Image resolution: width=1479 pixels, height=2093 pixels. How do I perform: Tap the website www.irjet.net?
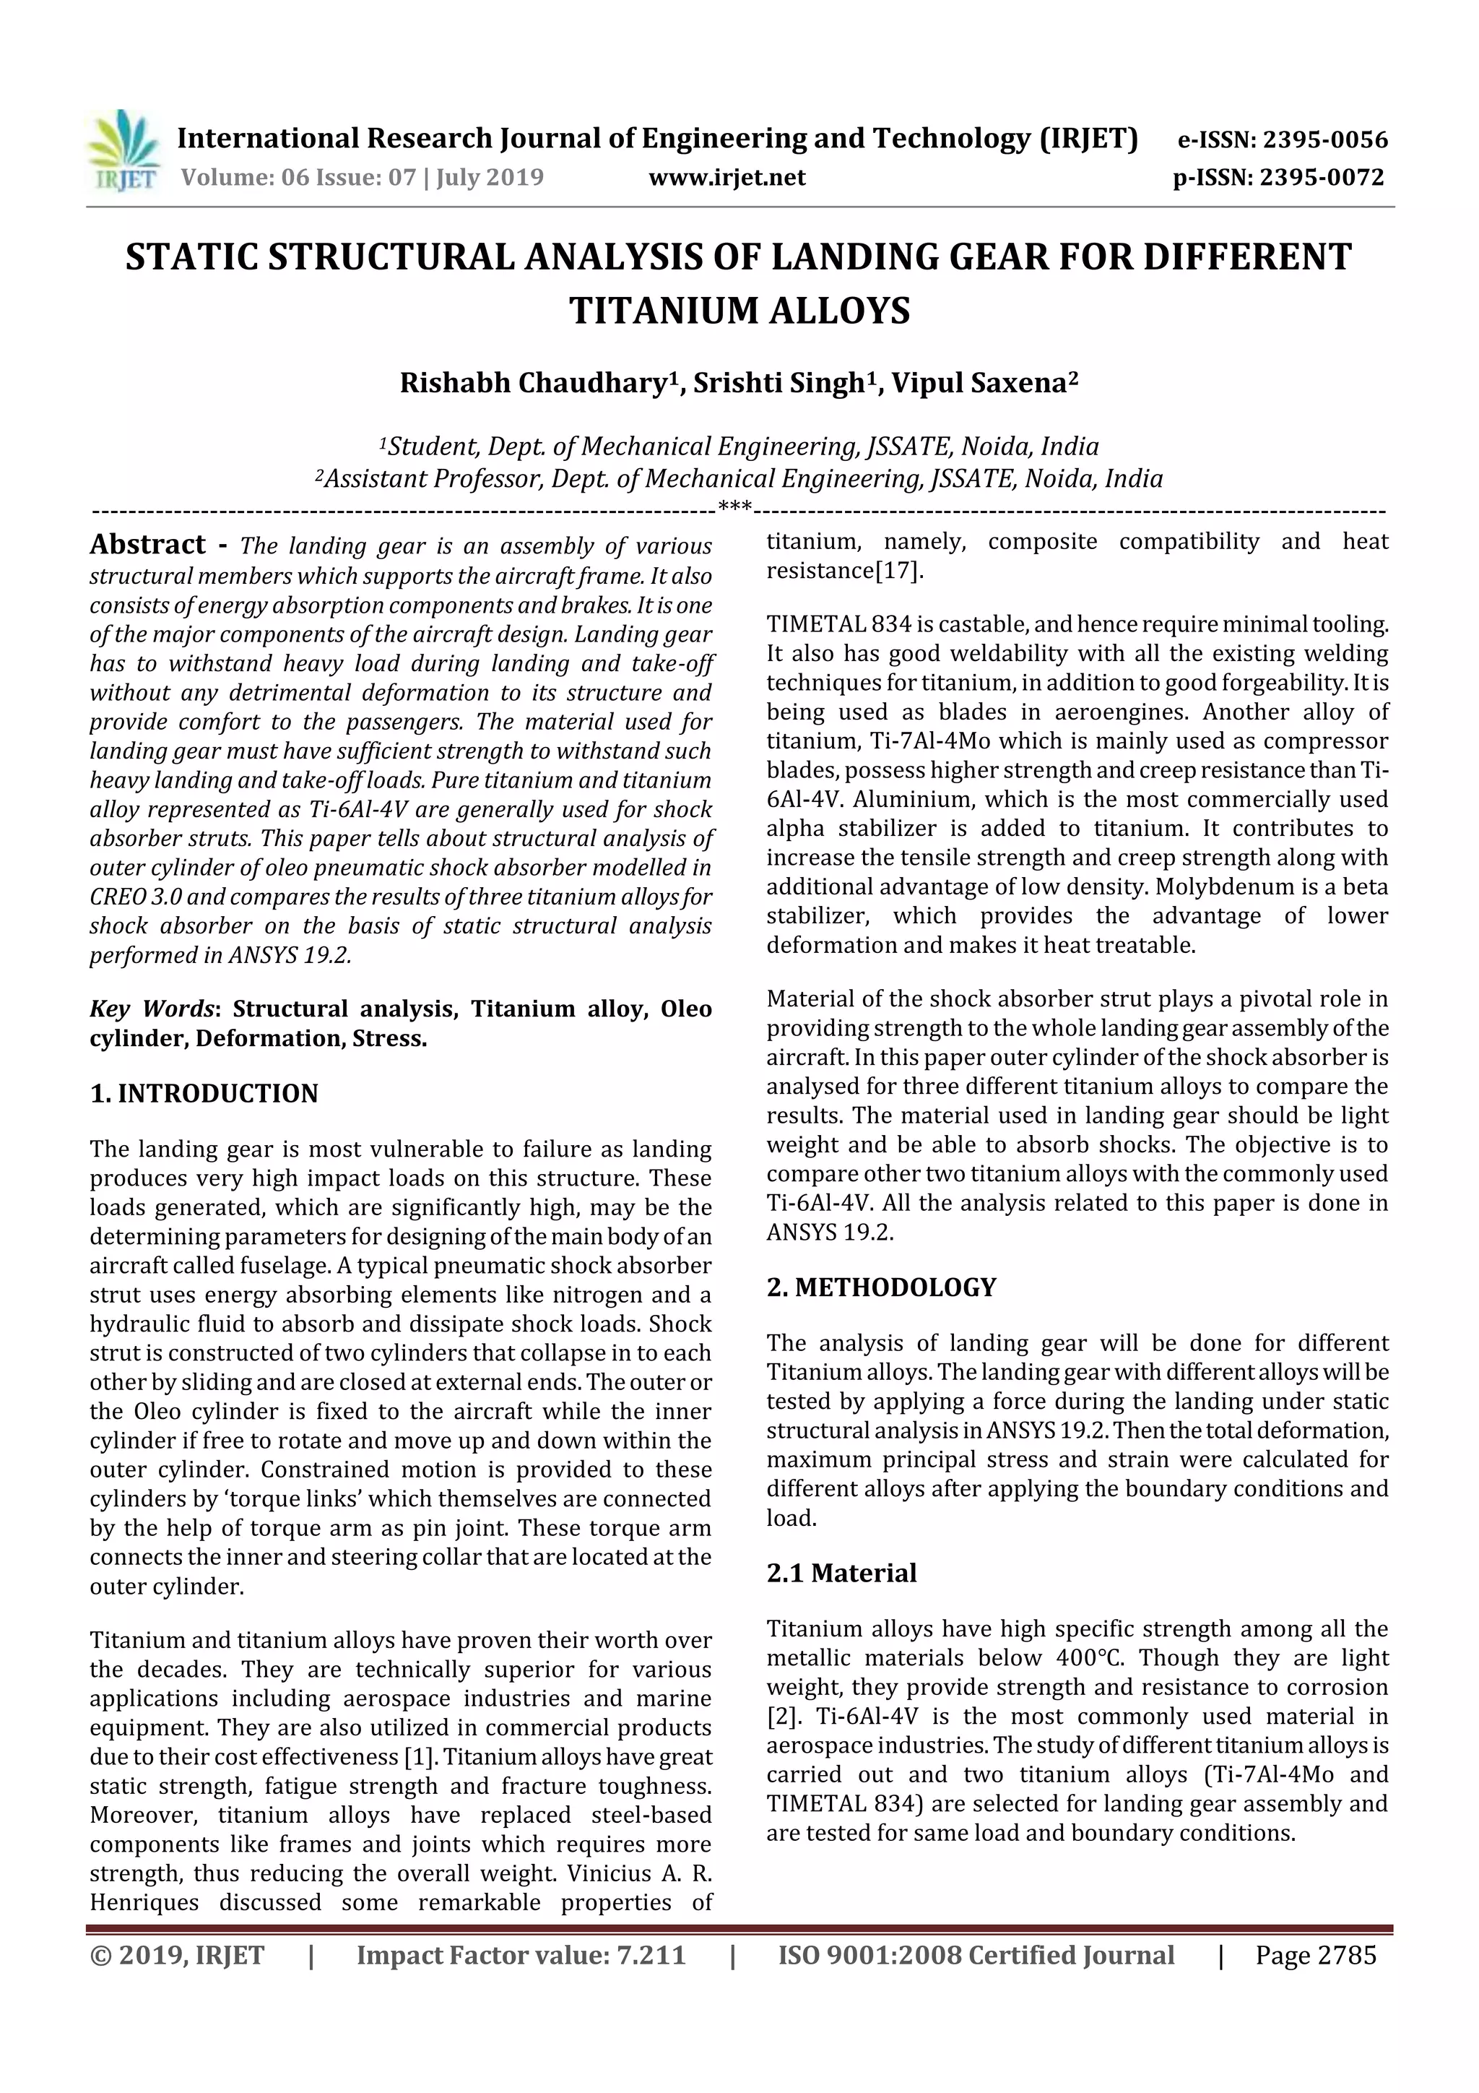[x=727, y=178]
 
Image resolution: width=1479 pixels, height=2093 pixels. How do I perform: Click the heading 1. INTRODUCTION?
[x=204, y=1094]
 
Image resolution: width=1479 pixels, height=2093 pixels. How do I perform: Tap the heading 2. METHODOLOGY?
[x=881, y=1287]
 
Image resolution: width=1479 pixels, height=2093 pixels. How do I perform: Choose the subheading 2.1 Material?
[x=841, y=1574]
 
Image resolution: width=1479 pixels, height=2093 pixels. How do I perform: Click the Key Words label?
[x=151, y=1009]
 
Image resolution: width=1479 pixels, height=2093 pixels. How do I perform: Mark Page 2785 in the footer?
[x=1315, y=1955]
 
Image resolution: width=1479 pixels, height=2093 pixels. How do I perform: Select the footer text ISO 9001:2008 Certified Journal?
[x=975, y=1955]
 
